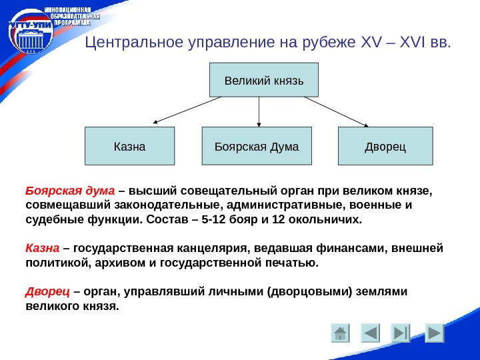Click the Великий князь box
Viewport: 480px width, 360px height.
pos(264,81)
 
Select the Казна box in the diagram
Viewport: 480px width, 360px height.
pos(129,145)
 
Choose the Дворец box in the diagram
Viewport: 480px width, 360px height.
pos(385,145)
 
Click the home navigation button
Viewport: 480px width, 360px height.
pos(341,333)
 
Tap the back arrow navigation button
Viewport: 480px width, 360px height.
pos(370,333)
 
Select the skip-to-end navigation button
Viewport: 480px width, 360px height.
pos(401,333)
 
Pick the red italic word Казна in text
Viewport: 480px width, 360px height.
pos(43,249)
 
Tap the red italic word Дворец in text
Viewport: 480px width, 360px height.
pos(47,292)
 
